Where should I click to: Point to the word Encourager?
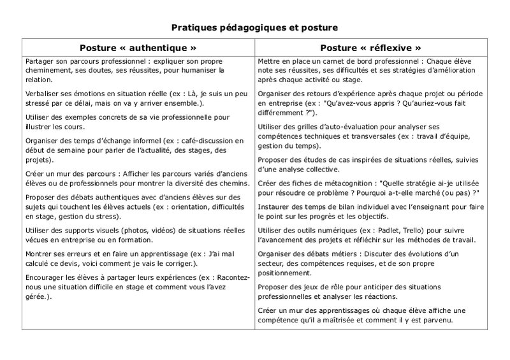[45, 277]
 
